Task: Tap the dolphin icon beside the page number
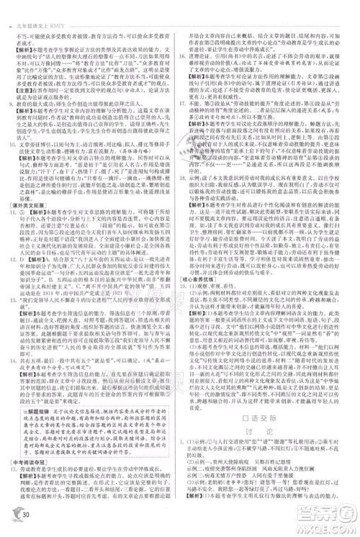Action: point(12,507)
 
